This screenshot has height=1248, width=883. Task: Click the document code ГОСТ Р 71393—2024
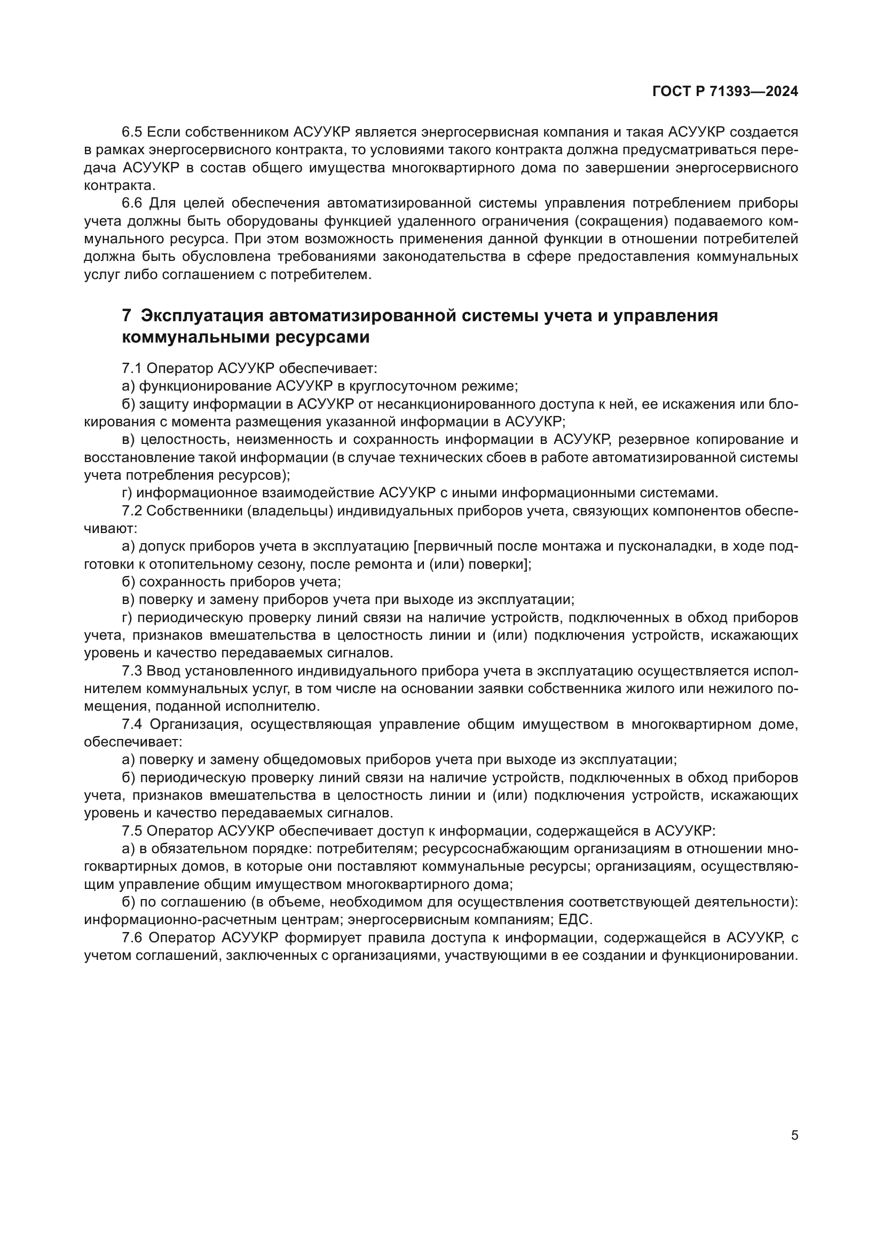point(725,92)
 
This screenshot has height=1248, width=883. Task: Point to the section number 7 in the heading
point(126,315)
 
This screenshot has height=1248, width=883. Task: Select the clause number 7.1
point(131,369)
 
